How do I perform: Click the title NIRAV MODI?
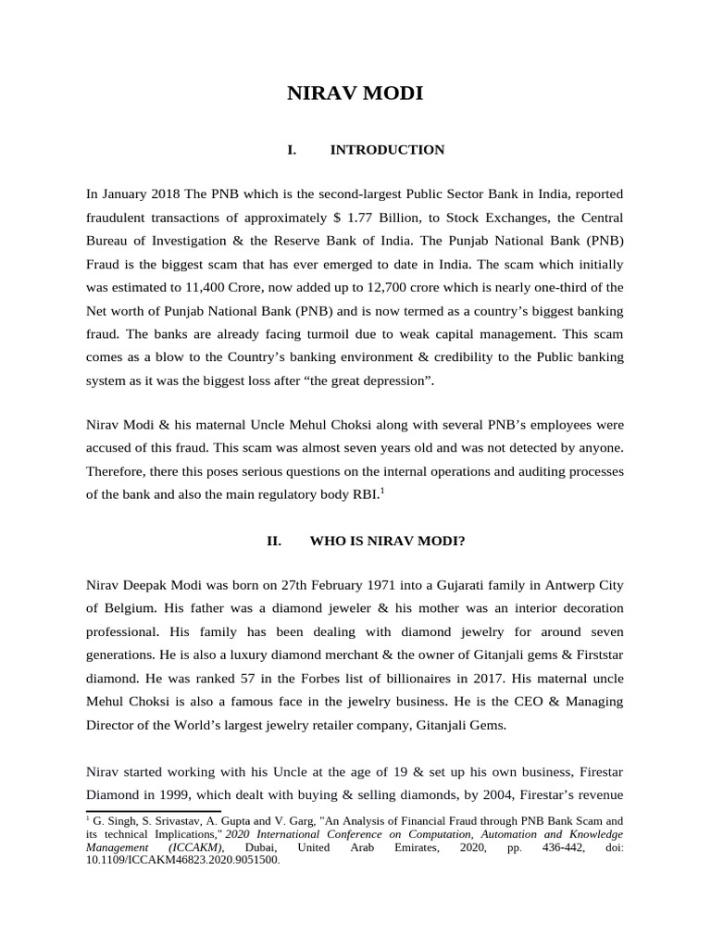tap(355, 93)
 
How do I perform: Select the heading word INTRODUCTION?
tap(387, 150)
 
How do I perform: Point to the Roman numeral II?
tap(274, 542)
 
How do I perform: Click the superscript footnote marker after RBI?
tap(382, 491)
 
